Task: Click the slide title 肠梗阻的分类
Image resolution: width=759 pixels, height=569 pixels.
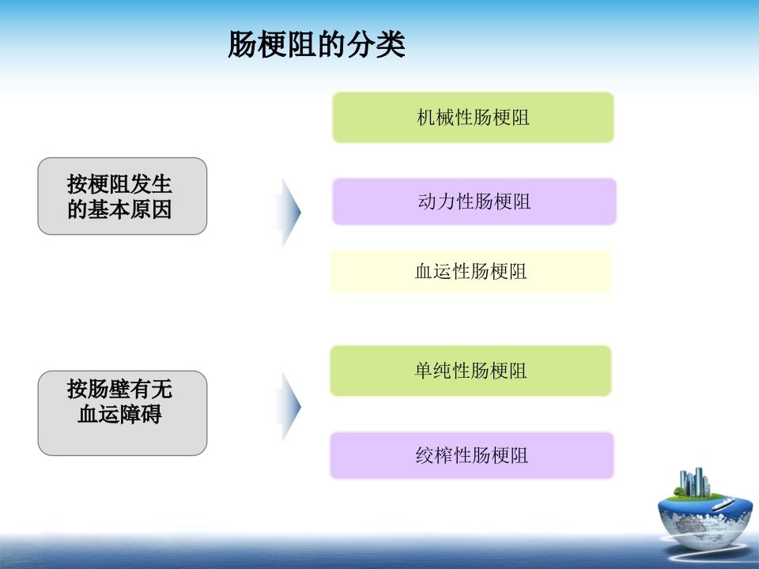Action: [x=316, y=44]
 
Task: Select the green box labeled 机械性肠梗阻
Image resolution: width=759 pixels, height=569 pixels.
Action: [x=473, y=118]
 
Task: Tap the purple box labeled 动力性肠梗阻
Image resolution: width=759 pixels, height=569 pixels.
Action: [x=474, y=202]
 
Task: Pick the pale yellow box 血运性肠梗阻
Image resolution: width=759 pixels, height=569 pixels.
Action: [x=470, y=271]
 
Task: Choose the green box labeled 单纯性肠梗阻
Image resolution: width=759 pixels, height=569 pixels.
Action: [x=470, y=371]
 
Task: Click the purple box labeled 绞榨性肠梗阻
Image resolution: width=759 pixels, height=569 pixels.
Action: [x=472, y=455]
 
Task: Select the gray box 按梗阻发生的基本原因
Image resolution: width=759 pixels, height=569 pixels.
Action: [x=123, y=196]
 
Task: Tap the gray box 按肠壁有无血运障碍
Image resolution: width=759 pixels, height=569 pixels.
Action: [x=123, y=413]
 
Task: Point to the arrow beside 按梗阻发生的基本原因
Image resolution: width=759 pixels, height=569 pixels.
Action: [x=289, y=213]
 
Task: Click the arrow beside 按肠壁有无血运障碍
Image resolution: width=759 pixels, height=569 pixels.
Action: [x=289, y=406]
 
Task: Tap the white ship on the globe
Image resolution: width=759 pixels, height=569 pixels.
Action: [x=722, y=505]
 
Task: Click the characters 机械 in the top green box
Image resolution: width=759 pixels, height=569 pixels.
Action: [x=436, y=118]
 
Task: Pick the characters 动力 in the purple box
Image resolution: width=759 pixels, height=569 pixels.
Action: [x=436, y=202]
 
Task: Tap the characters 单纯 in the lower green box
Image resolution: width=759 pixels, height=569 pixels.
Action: [x=433, y=371]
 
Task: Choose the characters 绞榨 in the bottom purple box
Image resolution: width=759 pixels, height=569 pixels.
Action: [x=434, y=455]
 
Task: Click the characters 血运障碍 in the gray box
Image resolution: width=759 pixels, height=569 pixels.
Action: [x=119, y=414]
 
